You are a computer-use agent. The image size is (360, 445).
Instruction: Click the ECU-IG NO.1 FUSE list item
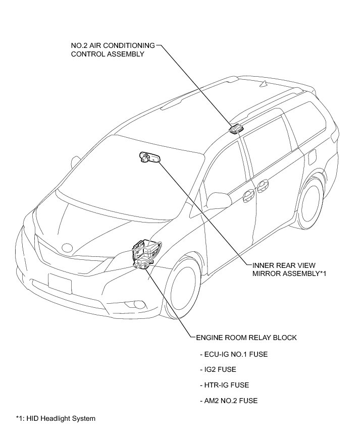click(233, 354)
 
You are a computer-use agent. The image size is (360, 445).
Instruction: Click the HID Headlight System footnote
click(56, 418)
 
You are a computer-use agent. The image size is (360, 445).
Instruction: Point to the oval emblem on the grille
click(66, 248)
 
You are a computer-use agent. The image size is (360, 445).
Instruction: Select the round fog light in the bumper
click(137, 304)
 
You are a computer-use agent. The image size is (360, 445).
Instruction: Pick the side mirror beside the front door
click(218, 199)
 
